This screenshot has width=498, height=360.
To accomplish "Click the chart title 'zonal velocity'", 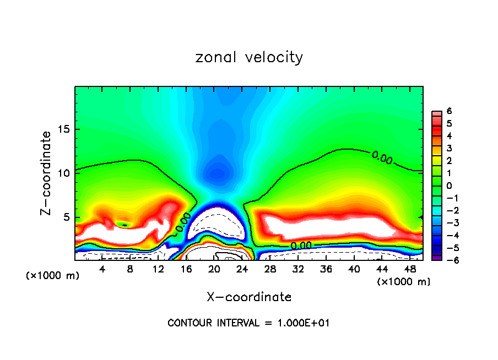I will [x=249, y=58].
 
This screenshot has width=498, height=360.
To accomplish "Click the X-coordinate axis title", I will [x=249, y=297].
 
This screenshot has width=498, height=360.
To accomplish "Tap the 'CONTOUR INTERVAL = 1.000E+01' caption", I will [x=248, y=323].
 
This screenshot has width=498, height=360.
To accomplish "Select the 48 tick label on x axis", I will [x=410, y=269].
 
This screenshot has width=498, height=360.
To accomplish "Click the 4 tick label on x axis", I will [x=102, y=269].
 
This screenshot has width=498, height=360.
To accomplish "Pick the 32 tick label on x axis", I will [x=298, y=269].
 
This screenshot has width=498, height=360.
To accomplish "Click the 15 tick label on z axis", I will [x=65, y=130].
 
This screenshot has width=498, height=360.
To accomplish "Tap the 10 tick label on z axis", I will [x=65, y=173].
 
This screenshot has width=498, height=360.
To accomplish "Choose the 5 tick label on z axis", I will [x=68, y=217].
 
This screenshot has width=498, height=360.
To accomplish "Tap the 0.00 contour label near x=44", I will [x=382, y=159].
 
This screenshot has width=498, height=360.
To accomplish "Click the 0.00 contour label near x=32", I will [x=301, y=245].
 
